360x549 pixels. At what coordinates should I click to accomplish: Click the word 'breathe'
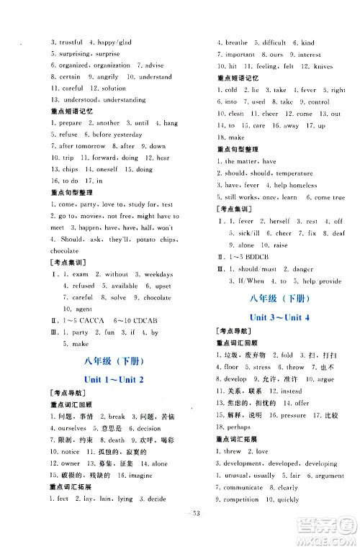click(236, 42)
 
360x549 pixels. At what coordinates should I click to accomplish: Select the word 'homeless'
click(303, 185)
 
